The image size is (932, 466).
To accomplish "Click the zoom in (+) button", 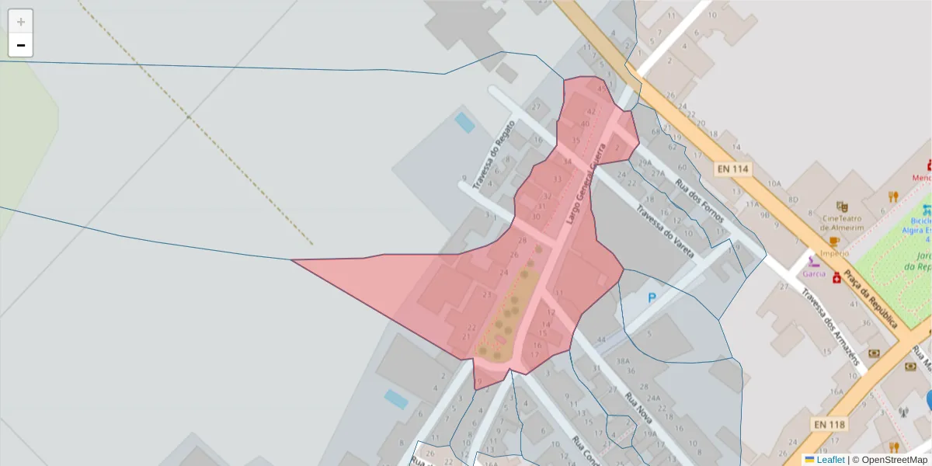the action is point(21,22).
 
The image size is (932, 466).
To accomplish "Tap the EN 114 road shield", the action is point(732,169).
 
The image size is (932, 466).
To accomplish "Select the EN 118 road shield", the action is point(829,424).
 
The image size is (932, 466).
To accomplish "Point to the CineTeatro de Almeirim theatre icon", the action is point(841,206).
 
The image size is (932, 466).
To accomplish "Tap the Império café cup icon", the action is point(834,242).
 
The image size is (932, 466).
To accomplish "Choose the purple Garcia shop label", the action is point(814,273).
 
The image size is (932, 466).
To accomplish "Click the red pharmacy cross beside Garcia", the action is point(836,278).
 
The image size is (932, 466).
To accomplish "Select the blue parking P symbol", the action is point(652,297).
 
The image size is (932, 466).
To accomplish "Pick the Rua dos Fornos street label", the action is point(699,200).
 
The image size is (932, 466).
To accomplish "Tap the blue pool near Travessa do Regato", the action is point(464,122).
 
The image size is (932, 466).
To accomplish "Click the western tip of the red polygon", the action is point(293,260).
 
